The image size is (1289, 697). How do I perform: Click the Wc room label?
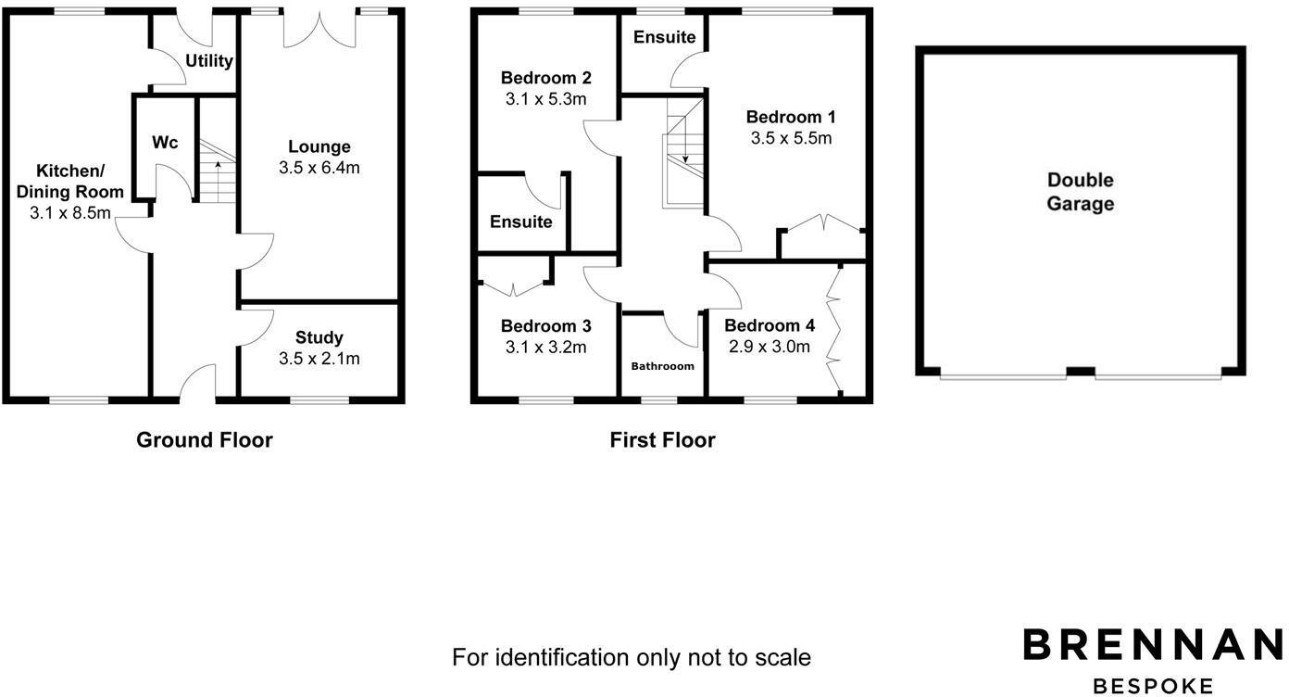(x=165, y=143)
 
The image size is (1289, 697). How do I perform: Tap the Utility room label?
(x=209, y=61)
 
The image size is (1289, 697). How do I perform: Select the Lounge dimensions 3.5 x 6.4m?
(x=319, y=168)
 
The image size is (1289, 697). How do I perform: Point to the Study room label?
(x=319, y=337)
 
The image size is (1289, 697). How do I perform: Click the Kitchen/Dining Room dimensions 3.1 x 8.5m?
(x=70, y=213)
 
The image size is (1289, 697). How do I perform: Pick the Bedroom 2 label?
(x=545, y=78)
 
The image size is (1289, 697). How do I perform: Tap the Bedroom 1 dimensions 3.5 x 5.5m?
(x=791, y=138)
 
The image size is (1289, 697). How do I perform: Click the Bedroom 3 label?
(x=545, y=326)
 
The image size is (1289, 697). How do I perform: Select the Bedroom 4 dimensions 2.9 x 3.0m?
(x=770, y=347)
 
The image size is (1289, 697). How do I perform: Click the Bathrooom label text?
(x=662, y=366)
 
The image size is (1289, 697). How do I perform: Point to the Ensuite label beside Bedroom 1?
(x=664, y=37)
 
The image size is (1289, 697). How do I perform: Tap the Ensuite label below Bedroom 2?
(x=520, y=222)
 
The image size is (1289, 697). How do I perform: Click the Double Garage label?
(x=1080, y=192)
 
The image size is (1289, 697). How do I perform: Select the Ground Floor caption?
(x=205, y=440)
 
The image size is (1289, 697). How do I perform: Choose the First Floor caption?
(x=662, y=440)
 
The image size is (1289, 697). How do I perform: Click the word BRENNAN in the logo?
(x=1153, y=645)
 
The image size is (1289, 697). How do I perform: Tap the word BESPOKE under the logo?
(x=1153, y=686)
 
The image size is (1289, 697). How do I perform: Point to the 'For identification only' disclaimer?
(x=631, y=658)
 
